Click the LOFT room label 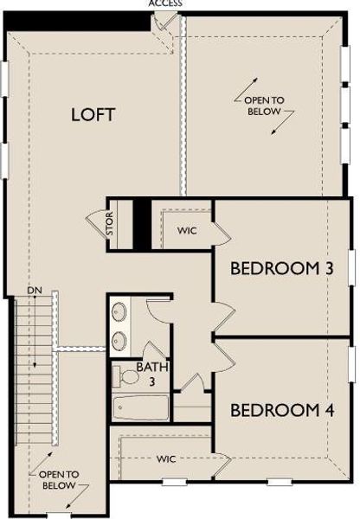(x=93, y=114)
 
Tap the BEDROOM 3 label (x=281, y=269)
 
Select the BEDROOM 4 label (x=281, y=409)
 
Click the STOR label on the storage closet (x=110, y=226)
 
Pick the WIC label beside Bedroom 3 (x=189, y=231)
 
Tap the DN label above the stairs (x=35, y=290)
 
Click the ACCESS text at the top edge (x=165, y=3)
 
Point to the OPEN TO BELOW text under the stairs (x=58, y=480)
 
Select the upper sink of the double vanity (x=119, y=311)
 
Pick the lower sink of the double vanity (x=119, y=340)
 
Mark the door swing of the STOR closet (x=97, y=227)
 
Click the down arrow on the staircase (x=36, y=363)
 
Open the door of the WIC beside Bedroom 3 (x=218, y=230)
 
